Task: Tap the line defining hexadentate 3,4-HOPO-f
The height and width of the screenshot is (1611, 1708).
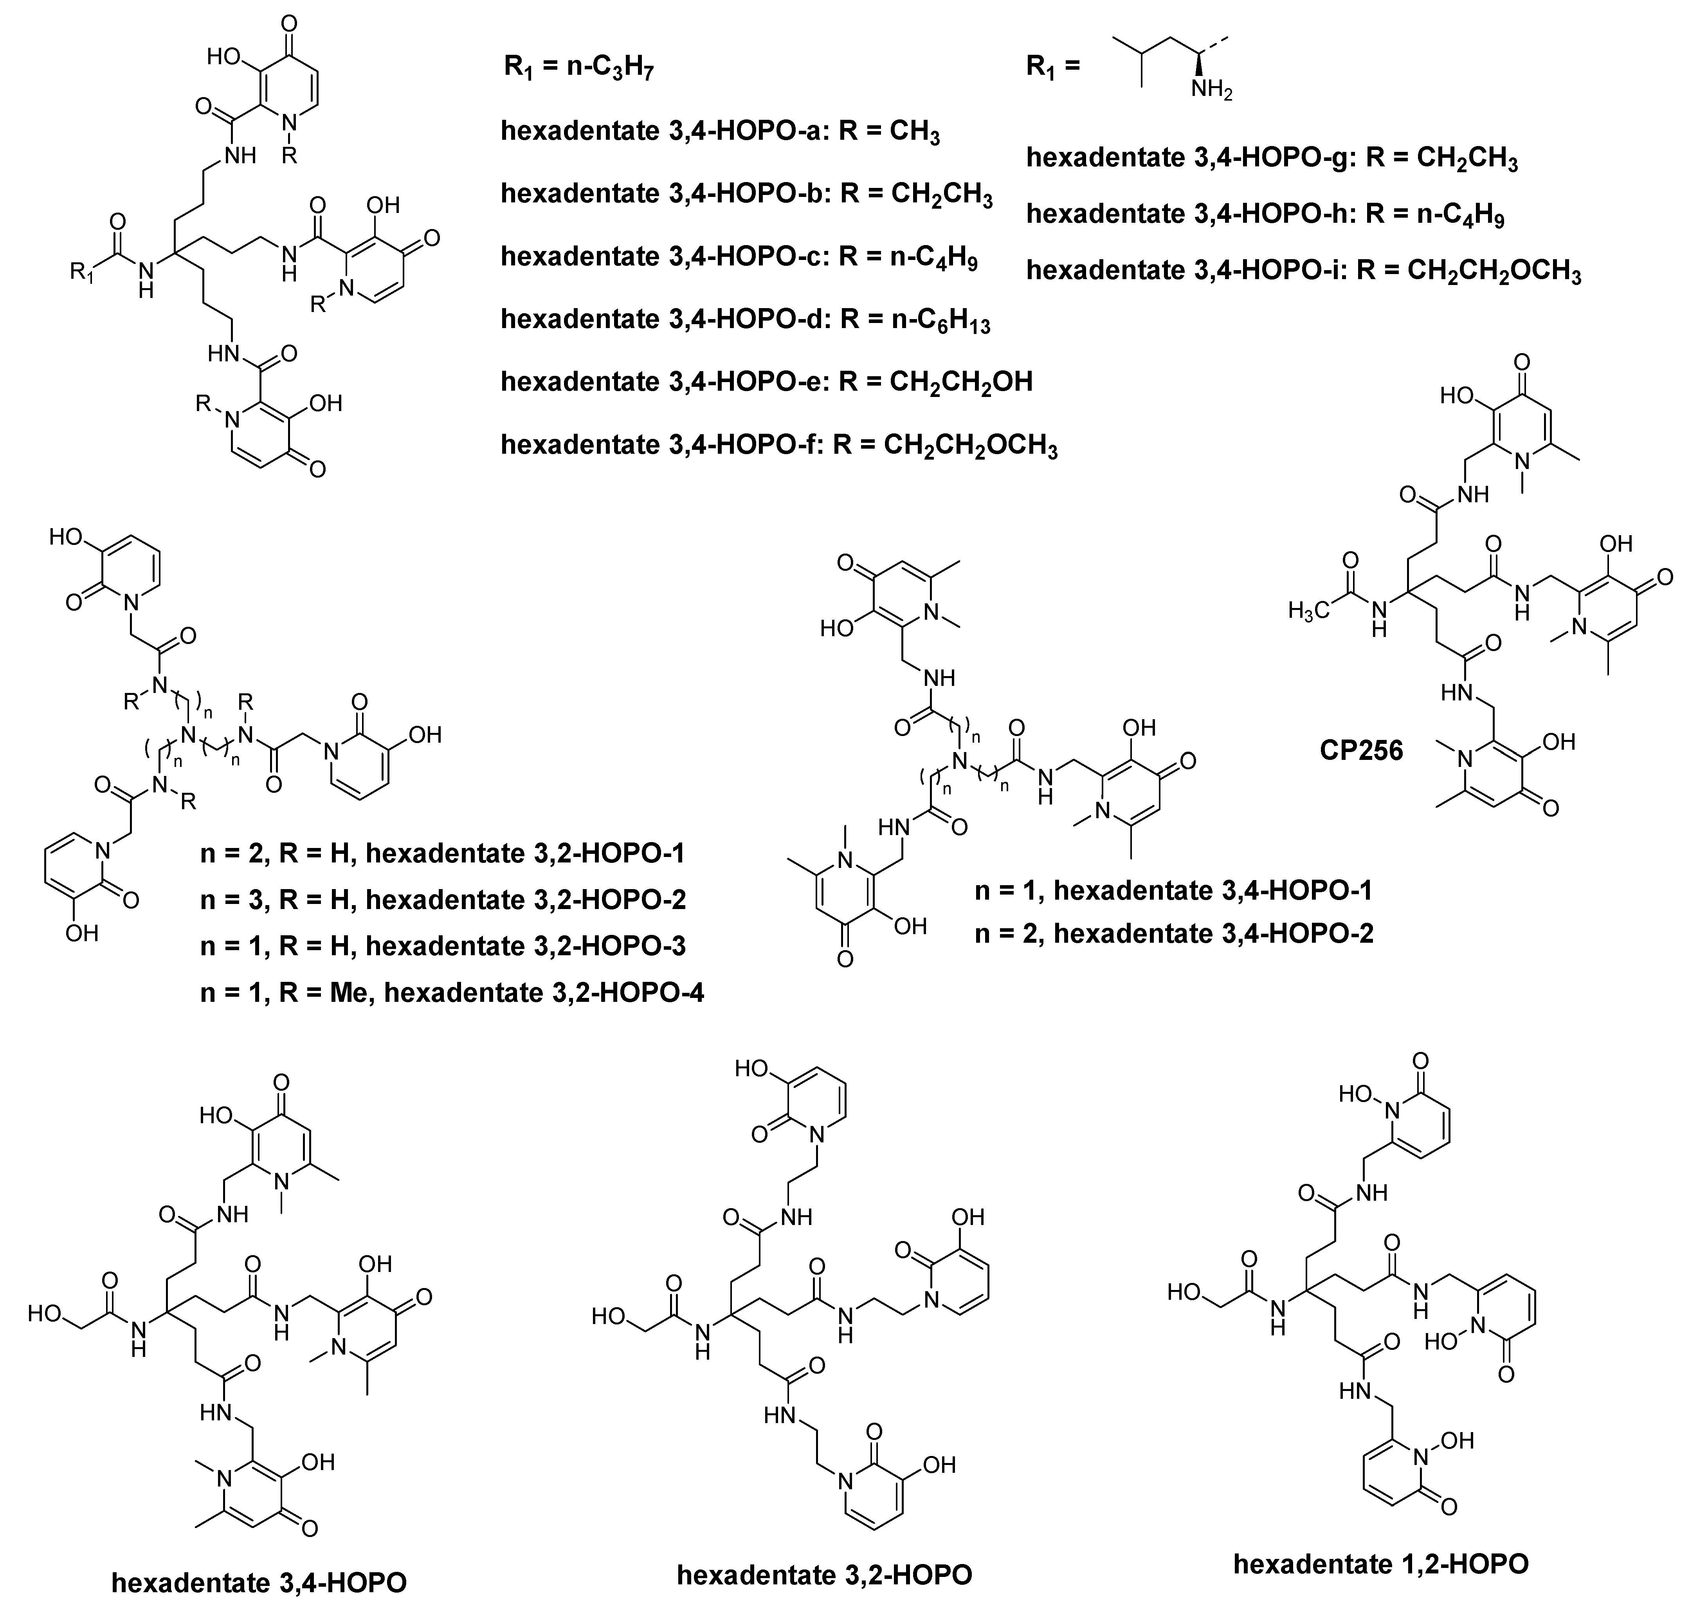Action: pos(778,445)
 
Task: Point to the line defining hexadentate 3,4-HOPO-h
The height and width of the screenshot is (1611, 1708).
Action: pos(1265,214)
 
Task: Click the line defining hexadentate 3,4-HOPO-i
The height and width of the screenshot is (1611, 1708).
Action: pos(1303,271)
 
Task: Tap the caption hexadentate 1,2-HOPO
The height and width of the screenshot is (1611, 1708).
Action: pos(1381,1563)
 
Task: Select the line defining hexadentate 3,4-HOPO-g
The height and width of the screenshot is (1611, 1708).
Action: pos(1272,159)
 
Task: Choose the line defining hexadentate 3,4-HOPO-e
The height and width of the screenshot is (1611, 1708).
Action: pos(766,381)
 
